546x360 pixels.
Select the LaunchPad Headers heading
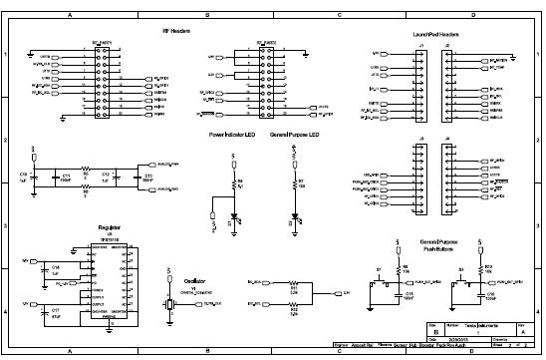coord(435,34)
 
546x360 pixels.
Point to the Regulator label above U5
coord(110,227)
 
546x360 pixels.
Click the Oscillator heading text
coord(193,282)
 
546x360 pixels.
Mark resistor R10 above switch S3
coord(482,268)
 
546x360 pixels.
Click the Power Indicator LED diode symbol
coord(235,217)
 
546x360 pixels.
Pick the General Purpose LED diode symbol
coord(295,216)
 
